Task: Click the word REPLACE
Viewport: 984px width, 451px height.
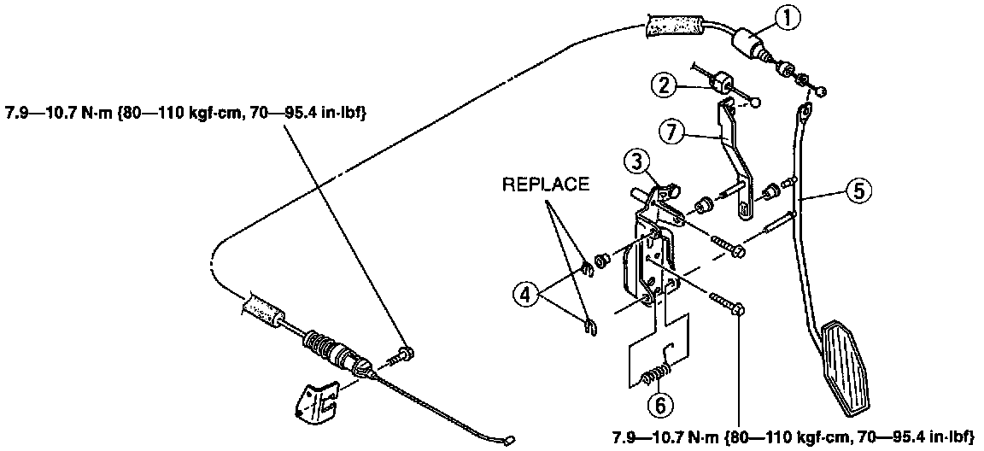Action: (546, 184)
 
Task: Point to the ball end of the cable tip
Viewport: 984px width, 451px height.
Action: (508, 442)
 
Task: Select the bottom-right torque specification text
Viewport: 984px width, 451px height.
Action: (792, 437)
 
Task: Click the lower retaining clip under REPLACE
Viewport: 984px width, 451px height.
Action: (586, 323)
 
